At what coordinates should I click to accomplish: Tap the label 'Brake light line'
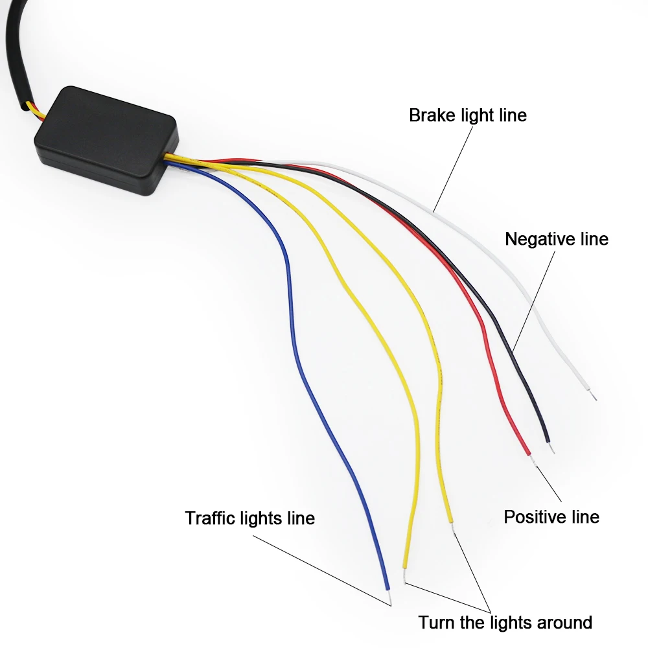point(468,115)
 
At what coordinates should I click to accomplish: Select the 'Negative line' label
point(557,239)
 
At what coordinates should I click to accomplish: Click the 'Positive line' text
point(551,516)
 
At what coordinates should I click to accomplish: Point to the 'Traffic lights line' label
point(249,518)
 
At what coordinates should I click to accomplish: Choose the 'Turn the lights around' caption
point(505,623)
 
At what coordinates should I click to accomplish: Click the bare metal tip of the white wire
point(592,393)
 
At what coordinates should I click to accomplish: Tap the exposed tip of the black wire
point(551,446)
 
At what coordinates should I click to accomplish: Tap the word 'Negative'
point(537,239)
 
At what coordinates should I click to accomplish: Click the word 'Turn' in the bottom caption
point(434,623)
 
